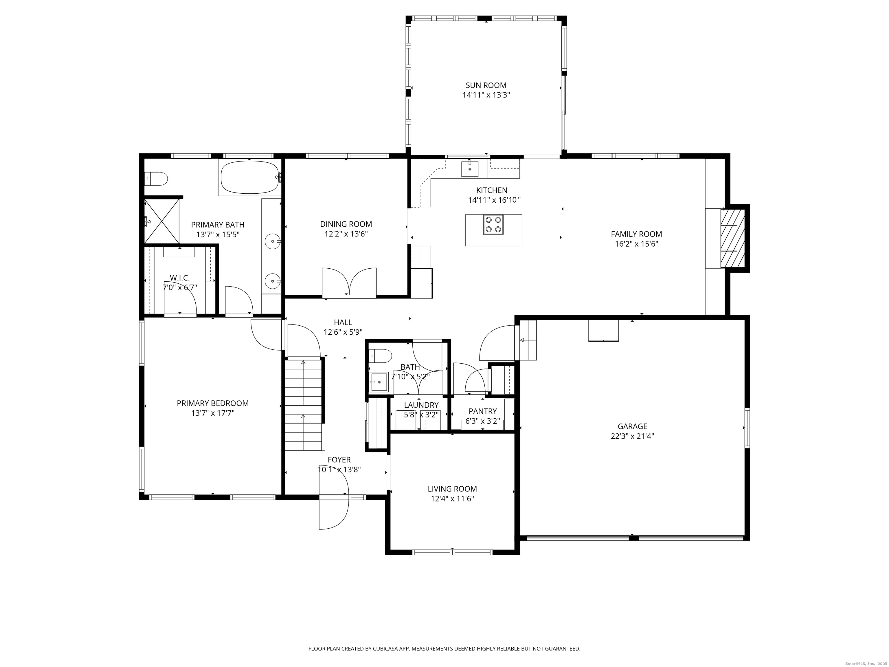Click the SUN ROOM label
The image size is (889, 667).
486,85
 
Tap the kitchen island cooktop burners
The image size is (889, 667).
493,225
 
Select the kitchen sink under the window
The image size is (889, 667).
469,168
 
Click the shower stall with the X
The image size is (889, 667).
161,221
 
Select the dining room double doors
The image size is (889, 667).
349,282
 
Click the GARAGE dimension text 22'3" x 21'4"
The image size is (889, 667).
632,436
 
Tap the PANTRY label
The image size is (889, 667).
482,411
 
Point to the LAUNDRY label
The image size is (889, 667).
421,405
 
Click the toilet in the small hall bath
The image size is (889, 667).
381,356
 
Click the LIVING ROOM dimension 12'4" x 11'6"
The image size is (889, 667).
452,499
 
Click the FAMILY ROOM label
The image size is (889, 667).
636,234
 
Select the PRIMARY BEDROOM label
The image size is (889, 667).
213,403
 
